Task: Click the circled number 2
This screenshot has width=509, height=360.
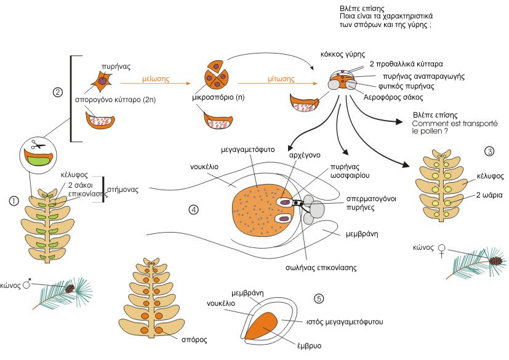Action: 57,92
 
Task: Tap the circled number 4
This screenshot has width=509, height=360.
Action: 193,210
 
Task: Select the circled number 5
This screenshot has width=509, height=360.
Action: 319,298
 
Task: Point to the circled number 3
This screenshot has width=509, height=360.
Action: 489,151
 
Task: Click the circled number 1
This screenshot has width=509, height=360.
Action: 14,201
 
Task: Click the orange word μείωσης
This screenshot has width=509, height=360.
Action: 156,79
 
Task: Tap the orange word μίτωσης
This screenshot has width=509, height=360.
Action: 281,79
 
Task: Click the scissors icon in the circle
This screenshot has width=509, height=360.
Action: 38,145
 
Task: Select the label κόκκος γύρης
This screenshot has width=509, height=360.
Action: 342,54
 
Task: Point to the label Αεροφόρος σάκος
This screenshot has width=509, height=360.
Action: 393,97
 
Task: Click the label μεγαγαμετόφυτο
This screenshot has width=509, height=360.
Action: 247,150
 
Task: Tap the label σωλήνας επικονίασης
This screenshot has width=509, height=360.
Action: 321,268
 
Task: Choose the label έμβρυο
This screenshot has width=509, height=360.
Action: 309,345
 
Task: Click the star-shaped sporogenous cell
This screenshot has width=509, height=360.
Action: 102,81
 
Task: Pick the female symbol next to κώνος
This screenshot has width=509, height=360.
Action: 441,250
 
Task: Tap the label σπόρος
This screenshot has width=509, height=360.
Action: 194,340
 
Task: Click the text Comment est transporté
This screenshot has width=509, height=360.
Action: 454,123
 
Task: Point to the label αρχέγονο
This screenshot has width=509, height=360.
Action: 305,155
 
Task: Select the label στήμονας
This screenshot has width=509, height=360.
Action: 122,190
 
